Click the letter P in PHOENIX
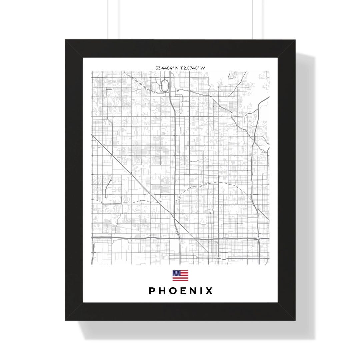tap(152, 291)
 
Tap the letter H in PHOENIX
tap(162, 291)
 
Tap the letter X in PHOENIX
tap(209, 291)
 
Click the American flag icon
tap(180, 275)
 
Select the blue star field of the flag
tap(176, 273)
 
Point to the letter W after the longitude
tap(203, 68)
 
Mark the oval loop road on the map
tap(164, 85)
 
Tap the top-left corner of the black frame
tap(65, 40)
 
